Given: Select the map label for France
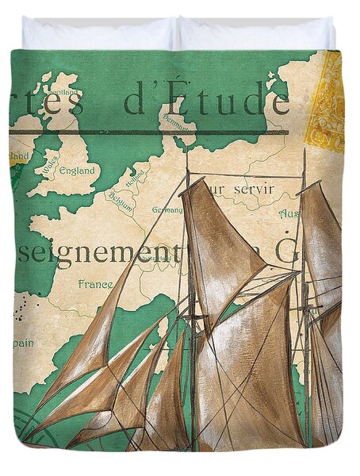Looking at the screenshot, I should [x=94, y=283].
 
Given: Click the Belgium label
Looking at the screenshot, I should [x=121, y=197].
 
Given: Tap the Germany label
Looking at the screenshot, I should [x=167, y=210].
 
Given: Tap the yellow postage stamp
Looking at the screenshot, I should [x=324, y=102].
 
